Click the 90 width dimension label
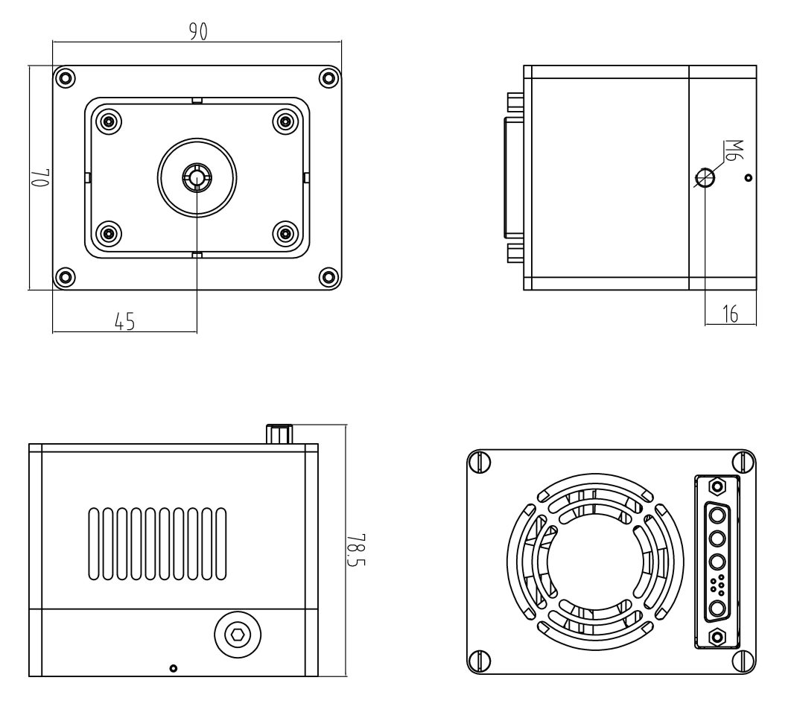coord(198,32)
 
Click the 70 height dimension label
coord(40,177)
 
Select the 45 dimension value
coord(125,322)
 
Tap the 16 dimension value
coord(730,314)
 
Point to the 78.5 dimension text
coord(357,550)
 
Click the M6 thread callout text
coord(733,150)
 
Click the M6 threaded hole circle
coord(705,177)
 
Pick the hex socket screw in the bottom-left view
coord(238,635)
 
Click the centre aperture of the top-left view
coord(197,177)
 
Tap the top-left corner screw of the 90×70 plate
coord(65,78)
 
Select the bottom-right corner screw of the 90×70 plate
coord(329,277)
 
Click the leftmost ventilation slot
coord(94,543)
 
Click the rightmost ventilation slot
coord(221,543)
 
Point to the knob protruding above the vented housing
coord(279,434)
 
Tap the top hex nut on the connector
coord(717,487)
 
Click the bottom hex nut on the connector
coord(717,636)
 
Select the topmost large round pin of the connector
coord(717,516)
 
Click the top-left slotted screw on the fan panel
coord(479,462)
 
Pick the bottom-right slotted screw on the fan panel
coord(744,661)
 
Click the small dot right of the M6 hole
coord(749,178)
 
